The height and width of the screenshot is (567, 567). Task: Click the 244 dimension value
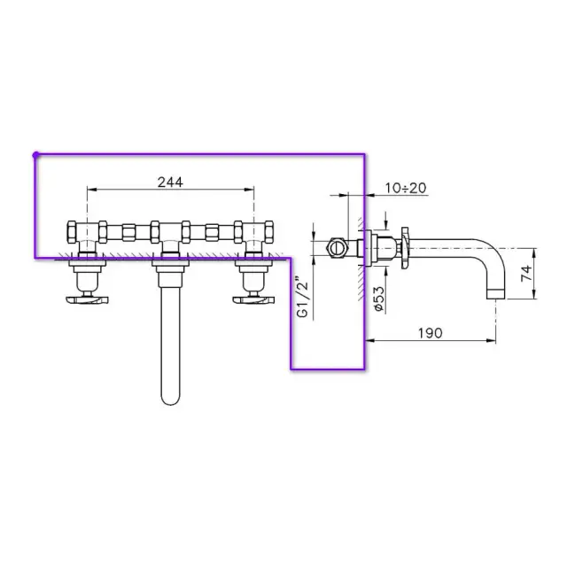coord(170,182)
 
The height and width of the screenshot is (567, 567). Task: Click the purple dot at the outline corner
coord(35,155)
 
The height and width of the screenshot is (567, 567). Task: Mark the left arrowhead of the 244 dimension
coord(89,190)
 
